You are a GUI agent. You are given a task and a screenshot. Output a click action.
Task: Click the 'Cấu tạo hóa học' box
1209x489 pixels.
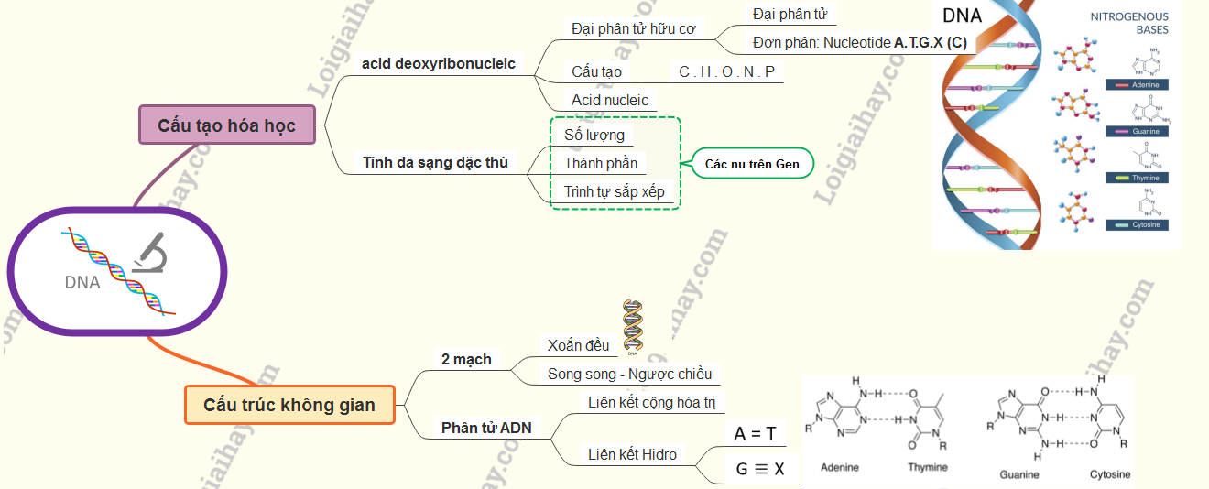point(227,125)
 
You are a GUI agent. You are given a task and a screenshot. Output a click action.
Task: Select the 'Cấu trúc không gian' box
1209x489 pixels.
point(289,405)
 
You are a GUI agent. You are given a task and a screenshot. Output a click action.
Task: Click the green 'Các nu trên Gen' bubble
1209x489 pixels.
point(752,164)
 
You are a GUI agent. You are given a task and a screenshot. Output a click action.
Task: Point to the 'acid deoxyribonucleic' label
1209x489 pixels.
point(439,64)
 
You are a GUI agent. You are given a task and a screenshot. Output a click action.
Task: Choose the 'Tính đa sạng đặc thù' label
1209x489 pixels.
point(435,163)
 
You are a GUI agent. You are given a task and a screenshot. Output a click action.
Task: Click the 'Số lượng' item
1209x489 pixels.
point(594,136)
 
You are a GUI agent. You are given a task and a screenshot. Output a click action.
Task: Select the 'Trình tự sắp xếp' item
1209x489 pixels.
point(614,191)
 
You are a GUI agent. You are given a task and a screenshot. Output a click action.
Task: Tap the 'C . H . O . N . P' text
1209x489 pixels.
point(726,71)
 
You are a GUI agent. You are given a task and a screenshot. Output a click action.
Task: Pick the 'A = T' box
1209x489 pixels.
point(755,433)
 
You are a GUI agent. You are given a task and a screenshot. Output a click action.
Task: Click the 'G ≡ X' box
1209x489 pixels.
point(760,469)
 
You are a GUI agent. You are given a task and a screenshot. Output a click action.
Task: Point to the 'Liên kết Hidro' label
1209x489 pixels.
point(633,454)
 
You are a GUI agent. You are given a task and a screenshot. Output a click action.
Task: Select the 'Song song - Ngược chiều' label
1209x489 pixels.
point(630,374)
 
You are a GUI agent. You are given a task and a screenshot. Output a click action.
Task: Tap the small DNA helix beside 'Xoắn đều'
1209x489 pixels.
point(632,325)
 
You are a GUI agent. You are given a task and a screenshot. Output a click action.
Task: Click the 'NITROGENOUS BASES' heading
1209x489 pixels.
point(1128,23)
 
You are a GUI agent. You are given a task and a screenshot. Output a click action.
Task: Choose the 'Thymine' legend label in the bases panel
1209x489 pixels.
point(1145,178)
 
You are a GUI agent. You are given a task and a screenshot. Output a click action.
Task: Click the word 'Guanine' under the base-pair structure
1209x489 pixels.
point(1019,474)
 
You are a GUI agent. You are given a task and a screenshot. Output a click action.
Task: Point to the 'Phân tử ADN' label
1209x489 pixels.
point(486,428)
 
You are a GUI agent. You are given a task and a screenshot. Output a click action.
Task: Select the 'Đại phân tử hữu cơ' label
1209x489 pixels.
point(633,28)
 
